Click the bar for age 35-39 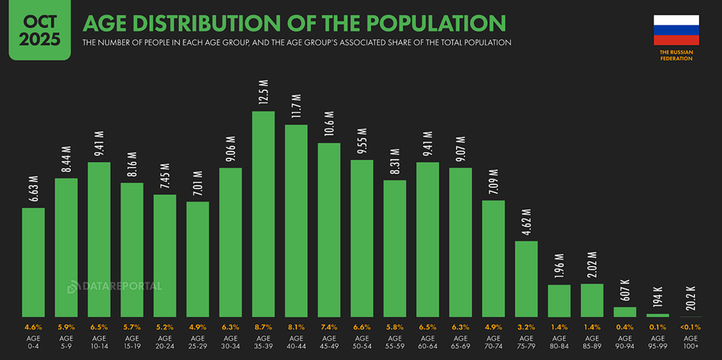(x=263, y=215)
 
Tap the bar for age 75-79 (x=526, y=279)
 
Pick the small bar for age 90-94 (x=625, y=312)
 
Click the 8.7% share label (x=263, y=326)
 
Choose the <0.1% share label (x=691, y=326)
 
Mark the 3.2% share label (x=526, y=326)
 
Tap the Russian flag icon (x=676, y=30)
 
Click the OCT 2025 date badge (x=35, y=30)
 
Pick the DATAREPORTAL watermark (x=115, y=286)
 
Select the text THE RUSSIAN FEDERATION (x=676, y=54)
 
